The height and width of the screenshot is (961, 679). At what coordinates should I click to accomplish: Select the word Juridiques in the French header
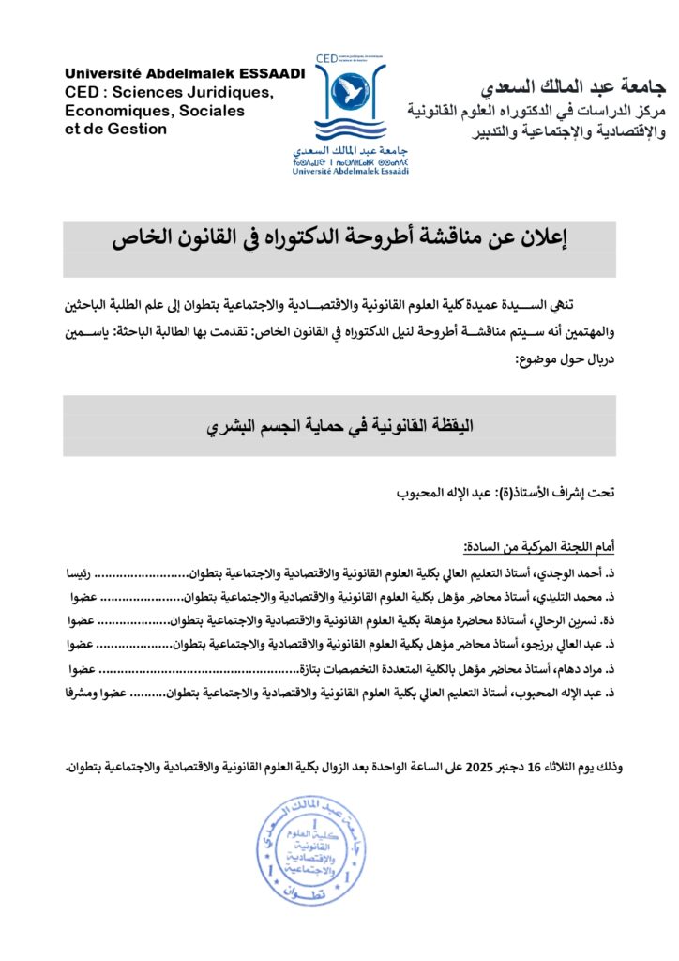point(226,92)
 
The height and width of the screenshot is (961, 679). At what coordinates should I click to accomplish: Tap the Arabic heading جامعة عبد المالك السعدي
point(572,88)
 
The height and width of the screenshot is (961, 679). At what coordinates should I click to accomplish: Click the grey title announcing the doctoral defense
point(339,238)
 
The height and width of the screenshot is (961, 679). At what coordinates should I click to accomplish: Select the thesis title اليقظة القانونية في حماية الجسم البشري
point(339,425)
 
